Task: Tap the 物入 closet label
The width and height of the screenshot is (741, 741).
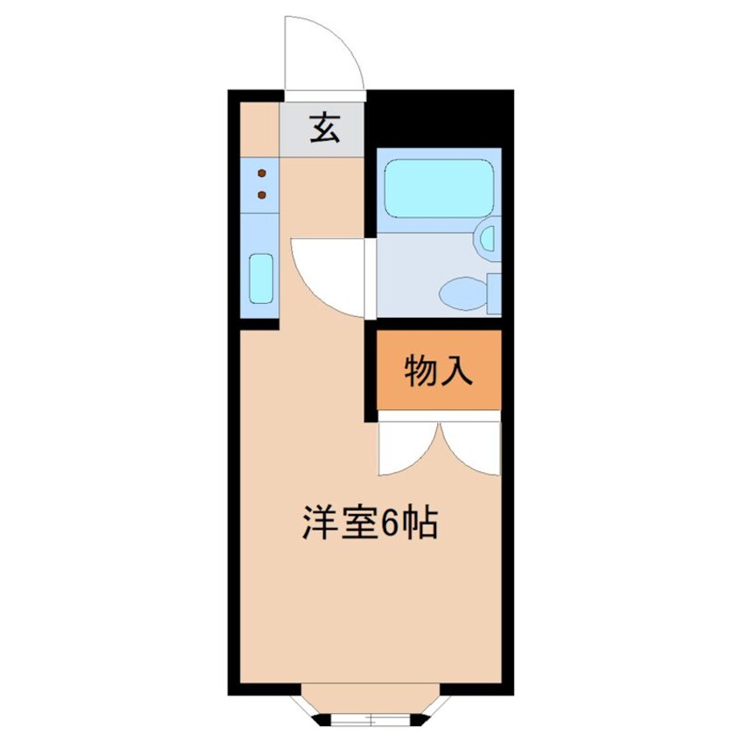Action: (439, 371)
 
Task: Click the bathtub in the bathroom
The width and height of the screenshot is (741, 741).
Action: (440, 187)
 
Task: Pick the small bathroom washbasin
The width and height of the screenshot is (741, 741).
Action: (487, 237)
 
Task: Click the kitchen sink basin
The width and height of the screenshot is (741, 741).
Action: (261, 277)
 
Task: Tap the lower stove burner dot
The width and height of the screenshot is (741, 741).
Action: (261, 194)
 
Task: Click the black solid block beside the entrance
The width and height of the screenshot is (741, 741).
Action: (438, 116)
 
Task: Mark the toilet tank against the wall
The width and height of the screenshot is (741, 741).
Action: (493, 293)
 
